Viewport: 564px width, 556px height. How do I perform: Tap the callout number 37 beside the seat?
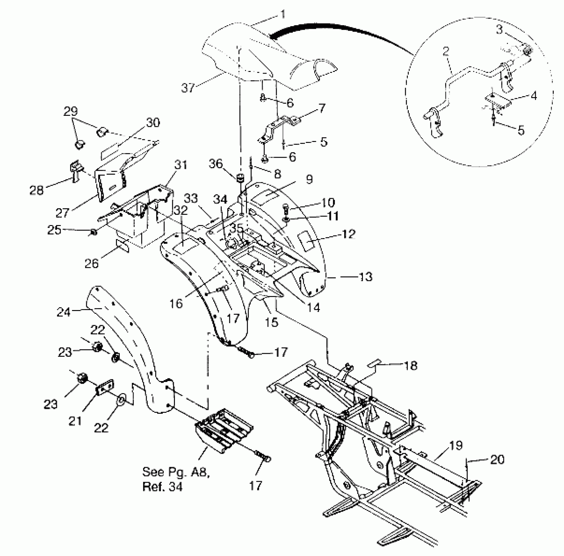click(x=188, y=88)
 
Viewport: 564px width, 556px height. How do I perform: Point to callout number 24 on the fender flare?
click(x=64, y=312)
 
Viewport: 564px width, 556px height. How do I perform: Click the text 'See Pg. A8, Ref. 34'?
click(x=176, y=479)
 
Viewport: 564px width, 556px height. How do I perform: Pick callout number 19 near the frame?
click(x=456, y=445)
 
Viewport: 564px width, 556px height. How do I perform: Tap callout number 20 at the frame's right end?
click(x=497, y=460)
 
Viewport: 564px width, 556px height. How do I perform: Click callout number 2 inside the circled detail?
click(x=446, y=51)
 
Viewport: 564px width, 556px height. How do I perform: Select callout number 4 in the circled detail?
click(x=534, y=96)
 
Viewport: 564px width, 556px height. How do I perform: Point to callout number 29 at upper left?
click(x=70, y=112)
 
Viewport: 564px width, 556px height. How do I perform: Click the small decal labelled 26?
click(x=123, y=246)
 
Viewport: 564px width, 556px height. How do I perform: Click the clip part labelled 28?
click(x=75, y=170)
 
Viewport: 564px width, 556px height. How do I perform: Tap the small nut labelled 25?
click(x=93, y=232)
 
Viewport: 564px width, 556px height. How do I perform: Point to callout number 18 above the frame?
click(x=411, y=365)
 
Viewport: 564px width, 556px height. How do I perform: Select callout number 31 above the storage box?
click(x=180, y=165)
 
